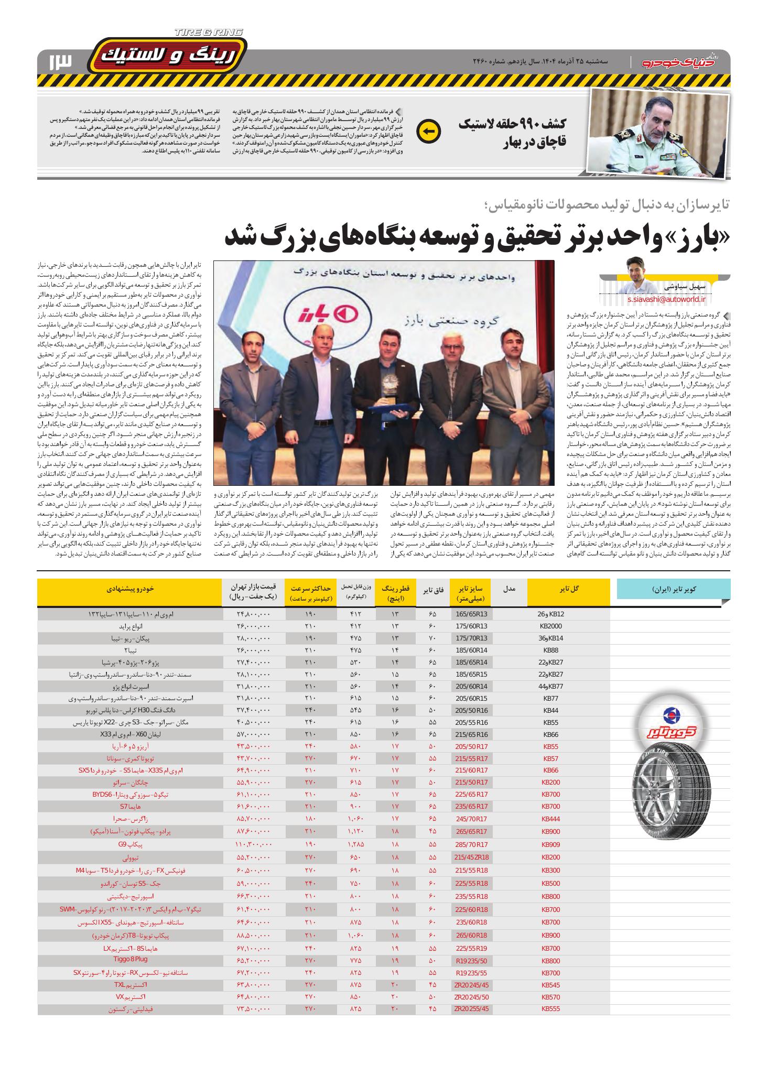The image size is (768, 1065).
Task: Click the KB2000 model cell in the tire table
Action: point(550,626)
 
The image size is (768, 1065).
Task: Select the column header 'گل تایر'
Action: point(569,589)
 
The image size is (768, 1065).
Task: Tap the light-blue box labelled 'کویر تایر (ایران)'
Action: point(674,589)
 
